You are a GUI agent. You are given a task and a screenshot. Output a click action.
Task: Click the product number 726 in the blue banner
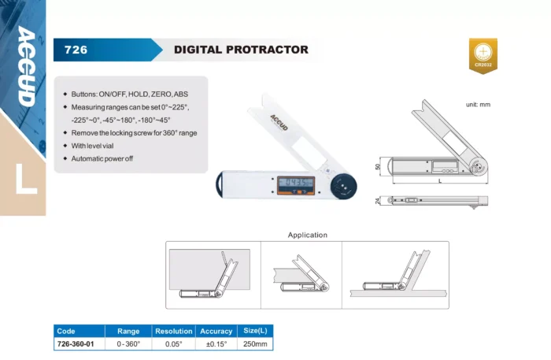76,50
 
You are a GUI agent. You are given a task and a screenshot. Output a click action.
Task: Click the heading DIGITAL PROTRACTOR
241,50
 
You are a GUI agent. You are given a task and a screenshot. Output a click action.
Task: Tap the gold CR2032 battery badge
483,56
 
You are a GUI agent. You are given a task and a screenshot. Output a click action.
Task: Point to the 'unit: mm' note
478,105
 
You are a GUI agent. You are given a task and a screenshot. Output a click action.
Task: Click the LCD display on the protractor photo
295,183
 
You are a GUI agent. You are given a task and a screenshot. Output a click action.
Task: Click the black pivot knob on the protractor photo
343,187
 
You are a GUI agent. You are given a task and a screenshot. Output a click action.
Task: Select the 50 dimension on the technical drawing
378,167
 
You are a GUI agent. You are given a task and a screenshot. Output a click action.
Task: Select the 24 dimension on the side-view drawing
378,201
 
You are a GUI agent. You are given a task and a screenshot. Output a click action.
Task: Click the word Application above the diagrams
308,236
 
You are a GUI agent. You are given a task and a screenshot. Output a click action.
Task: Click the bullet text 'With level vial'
92,146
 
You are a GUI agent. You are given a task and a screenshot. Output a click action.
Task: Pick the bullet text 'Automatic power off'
102,158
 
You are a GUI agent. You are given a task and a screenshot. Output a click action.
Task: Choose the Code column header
66,331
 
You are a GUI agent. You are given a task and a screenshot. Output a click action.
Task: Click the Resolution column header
174,331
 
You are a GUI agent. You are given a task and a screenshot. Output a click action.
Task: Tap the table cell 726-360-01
76,343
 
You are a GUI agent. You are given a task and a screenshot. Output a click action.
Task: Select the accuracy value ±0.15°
216,343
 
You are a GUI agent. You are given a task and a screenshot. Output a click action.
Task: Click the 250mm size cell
255,343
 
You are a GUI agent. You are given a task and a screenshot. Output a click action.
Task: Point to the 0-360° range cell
128,343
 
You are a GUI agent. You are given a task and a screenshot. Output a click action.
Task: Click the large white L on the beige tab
26,179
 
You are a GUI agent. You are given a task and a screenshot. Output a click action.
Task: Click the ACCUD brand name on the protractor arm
279,122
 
